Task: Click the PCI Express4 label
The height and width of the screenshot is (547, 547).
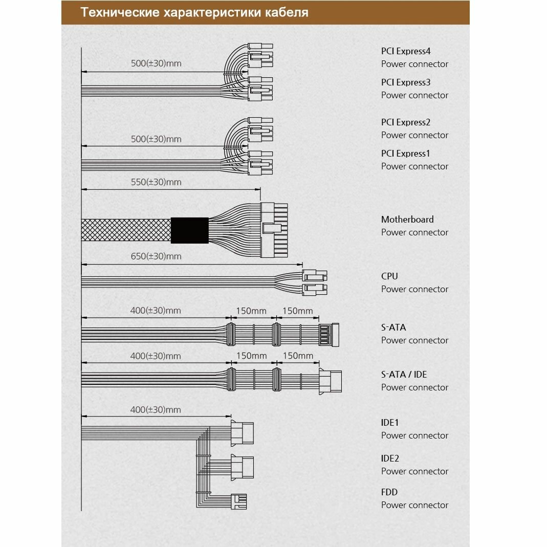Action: click(406, 51)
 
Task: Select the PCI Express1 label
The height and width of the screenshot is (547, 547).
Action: click(406, 154)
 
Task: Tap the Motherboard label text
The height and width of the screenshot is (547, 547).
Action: click(407, 220)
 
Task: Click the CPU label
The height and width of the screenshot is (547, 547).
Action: click(389, 276)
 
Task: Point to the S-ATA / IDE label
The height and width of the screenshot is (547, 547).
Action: click(404, 375)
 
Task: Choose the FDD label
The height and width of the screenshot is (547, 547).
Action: click(389, 492)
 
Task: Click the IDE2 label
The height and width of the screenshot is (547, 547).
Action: click(390, 458)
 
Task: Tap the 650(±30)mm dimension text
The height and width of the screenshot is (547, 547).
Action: click(156, 256)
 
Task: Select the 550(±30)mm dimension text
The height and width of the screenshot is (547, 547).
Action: click(156, 182)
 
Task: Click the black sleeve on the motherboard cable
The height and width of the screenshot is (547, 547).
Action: click(189, 230)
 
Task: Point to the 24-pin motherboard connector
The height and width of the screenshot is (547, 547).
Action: click(274, 230)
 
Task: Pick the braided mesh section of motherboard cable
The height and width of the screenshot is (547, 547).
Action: click(126, 230)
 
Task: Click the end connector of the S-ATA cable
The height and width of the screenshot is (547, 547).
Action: click(329, 335)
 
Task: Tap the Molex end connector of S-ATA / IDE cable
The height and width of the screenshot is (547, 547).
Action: click(330, 381)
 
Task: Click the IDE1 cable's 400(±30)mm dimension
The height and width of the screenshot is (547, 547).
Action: click(156, 410)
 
